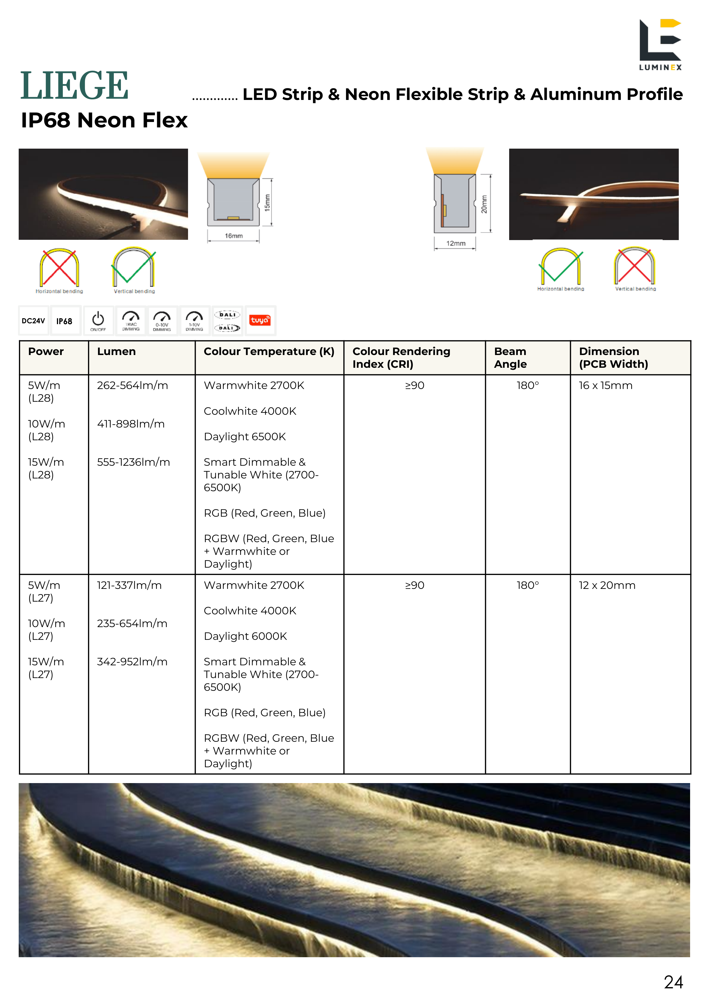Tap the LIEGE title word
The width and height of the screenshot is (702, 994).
[x=74, y=86]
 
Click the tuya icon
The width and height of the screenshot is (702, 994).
[x=260, y=320]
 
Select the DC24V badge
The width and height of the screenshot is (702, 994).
[x=33, y=321]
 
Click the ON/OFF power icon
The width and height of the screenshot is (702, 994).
[x=98, y=321]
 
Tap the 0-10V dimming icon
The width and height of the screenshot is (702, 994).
[x=162, y=321]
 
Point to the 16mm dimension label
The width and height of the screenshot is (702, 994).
[x=233, y=236]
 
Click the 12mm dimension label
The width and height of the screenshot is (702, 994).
[x=456, y=243]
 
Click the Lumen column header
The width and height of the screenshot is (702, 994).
[x=116, y=352]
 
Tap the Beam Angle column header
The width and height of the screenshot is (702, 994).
[x=510, y=358]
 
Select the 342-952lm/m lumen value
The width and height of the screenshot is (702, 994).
[x=132, y=662]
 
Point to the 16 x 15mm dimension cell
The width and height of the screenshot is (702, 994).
[x=605, y=385]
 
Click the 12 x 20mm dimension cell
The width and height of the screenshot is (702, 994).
[x=607, y=585]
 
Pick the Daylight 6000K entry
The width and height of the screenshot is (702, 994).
[x=245, y=636]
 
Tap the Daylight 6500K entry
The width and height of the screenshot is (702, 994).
[x=245, y=436]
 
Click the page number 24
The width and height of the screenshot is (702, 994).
[x=673, y=982]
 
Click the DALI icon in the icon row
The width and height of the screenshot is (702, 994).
[x=227, y=321]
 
